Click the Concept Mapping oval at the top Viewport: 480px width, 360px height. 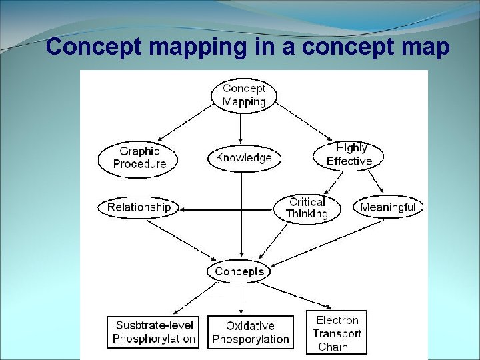point(243,95)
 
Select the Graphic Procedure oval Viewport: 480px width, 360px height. point(139,157)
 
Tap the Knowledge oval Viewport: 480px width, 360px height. point(243,158)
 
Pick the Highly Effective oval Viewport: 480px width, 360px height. point(349,155)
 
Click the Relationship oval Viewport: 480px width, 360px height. point(139,207)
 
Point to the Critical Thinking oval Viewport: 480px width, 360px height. point(307,208)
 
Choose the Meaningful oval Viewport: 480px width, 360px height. point(387,207)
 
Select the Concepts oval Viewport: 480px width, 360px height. point(239,271)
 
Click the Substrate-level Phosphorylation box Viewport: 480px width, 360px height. point(153,332)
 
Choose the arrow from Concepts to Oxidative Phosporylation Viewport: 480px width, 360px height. point(241,297)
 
